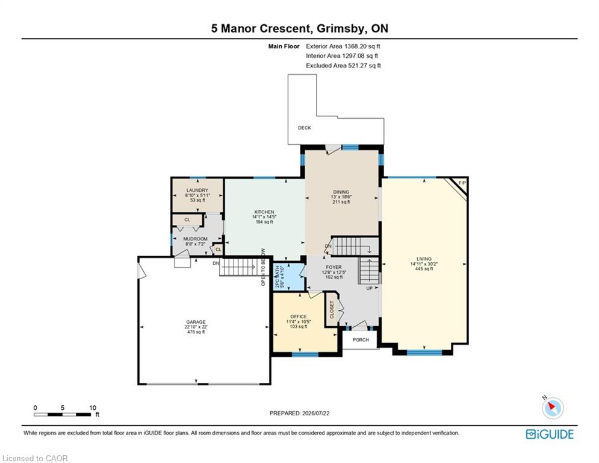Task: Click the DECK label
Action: tap(305, 128)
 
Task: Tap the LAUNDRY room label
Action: tap(197, 190)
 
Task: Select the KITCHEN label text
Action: tap(264, 212)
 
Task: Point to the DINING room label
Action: tap(341, 192)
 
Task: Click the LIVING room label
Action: tap(424, 259)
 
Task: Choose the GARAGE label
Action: tap(196, 322)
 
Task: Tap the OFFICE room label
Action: tap(299, 317)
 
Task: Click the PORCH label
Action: tap(361, 340)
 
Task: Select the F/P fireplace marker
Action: tap(462, 183)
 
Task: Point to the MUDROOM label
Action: tap(195, 239)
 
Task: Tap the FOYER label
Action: tap(334, 268)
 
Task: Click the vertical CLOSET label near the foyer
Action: tap(332, 309)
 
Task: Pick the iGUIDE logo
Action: tap(550, 434)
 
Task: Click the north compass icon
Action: tap(553, 408)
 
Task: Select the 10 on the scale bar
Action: tap(93, 408)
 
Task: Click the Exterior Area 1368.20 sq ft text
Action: tap(343, 46)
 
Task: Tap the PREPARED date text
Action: tap(300, 413)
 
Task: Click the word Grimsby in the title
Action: tap(336, 29)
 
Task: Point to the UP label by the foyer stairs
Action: tap(370, 288)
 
